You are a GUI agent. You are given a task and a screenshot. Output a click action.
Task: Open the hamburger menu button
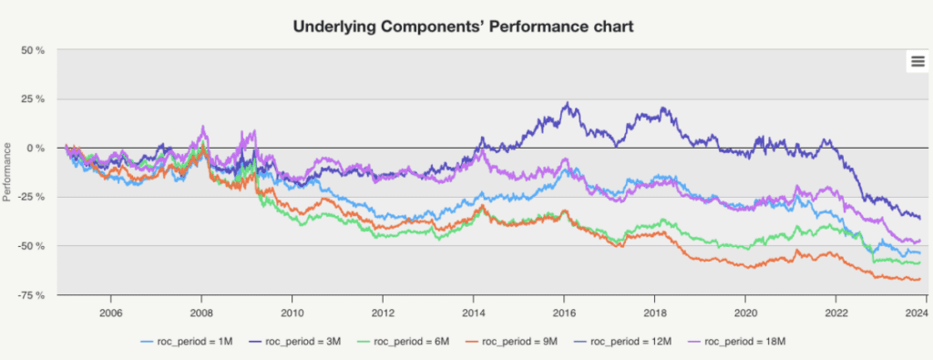917,61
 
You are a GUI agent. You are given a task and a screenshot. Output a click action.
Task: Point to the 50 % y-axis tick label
33,50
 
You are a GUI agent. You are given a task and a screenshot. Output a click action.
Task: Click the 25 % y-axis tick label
33,98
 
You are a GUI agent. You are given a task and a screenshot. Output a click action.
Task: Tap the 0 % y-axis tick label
36,149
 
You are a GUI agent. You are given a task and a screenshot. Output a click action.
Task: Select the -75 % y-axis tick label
31,295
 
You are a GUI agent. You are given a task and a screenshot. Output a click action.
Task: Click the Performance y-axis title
7,172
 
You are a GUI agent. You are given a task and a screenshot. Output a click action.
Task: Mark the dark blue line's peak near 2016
567,104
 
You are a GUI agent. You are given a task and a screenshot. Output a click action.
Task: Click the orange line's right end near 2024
920,279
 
